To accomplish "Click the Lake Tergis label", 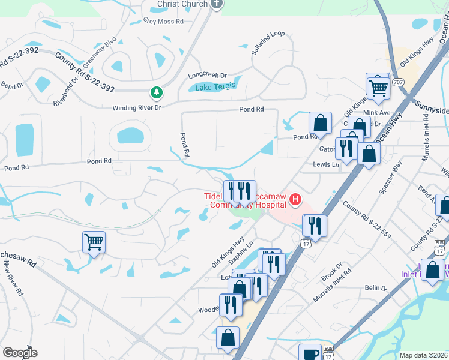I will tap(214, 87).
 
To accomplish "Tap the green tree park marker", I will tap(156, 93).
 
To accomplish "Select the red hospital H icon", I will tap(295, 200).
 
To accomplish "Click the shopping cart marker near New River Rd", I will tap(94, 242).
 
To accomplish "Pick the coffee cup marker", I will tap(310, 353).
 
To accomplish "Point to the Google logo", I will tap(20, 353).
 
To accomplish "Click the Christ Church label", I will tap(182, 4).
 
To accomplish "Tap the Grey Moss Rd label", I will tap(163, 21).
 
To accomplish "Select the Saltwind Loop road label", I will tap(267, 43).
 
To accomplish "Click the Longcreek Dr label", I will tap(207, 76).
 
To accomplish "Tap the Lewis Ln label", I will tap(325, 164).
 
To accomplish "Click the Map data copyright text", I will tap(423, 355).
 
